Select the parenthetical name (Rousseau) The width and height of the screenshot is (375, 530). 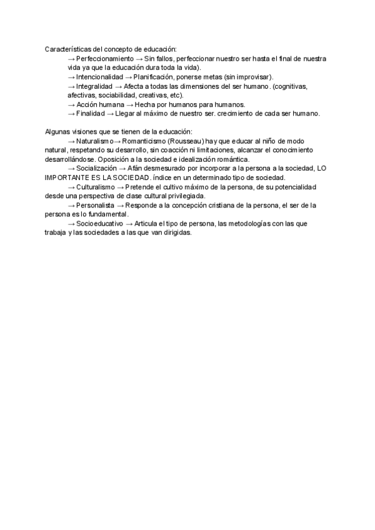pos(194,141)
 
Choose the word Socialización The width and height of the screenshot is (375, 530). pos(96,169)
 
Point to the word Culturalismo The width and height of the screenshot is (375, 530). pos(96,187)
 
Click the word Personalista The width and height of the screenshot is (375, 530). pos(96,205)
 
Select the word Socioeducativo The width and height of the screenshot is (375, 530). pos(99,223)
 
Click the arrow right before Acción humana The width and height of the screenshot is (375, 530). pos(71,104)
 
